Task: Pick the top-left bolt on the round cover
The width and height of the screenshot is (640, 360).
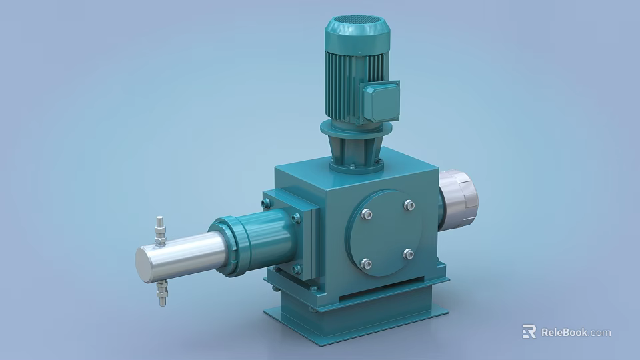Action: pos(365,214)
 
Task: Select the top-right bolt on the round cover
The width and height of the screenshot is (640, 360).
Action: pos(409,205)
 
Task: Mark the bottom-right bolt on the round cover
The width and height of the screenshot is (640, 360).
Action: pos(409,254)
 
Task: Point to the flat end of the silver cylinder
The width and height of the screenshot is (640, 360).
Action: pos(145,265)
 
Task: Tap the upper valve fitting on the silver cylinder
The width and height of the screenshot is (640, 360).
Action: pos(160,229)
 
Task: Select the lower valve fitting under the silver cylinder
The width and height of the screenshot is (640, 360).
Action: pos(162,291)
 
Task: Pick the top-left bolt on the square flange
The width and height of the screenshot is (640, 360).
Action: pos(267,203)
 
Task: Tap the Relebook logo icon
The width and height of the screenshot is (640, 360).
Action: pos(529,331)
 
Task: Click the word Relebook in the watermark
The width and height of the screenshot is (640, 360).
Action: pos(563,332)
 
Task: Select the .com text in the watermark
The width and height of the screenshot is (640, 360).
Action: pos(599,332)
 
